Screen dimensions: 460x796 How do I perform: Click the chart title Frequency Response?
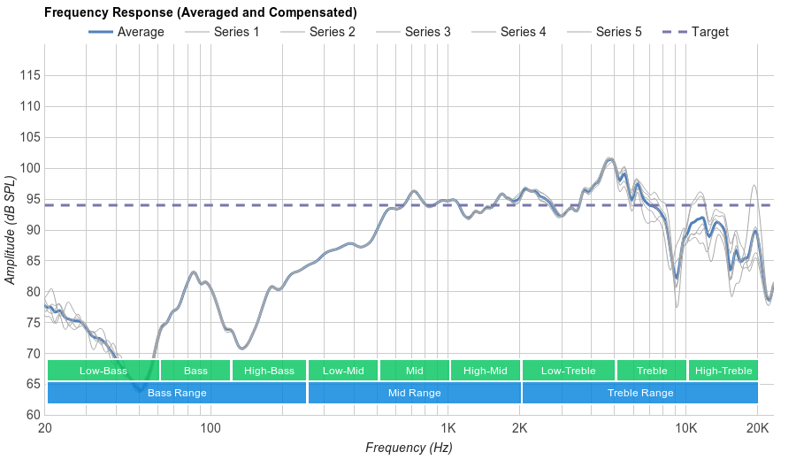tap(201, 12)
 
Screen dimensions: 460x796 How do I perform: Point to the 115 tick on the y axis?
tap(29, 76)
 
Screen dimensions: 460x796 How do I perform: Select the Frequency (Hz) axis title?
tap(409, 448)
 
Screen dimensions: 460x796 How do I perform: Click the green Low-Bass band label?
tap(103, 371)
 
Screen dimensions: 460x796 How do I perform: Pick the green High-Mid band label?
tap(486, 371)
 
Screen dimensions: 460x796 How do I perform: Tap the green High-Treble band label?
tap(723, 371)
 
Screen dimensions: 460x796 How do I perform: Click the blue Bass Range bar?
tap(177, 393)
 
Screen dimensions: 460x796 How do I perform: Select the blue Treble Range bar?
tap(640, 393)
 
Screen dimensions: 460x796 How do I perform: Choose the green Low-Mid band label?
tap(343, 371)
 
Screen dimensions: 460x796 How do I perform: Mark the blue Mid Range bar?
tap(414, 393)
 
